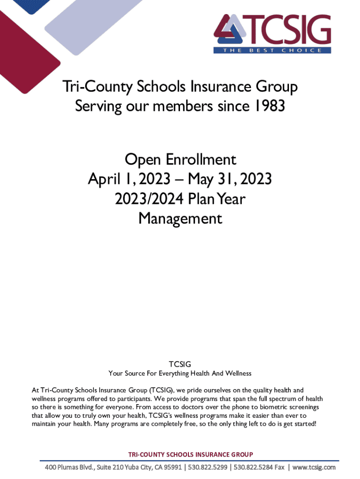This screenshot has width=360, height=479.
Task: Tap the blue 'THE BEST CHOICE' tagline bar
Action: click(x=272, y=50)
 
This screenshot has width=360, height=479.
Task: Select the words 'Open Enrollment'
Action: click(x=180, y=160)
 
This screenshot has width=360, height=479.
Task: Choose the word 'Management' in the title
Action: click(x=180, y=218)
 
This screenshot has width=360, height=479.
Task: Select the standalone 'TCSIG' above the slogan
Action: click(x=180, y=364)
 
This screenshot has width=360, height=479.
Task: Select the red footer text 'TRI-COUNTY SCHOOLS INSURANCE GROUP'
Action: click(x=190, y=454)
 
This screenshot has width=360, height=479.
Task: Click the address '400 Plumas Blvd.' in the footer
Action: click(x=69, y=468)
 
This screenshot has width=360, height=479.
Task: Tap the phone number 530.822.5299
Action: click(x=211, y=468)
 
